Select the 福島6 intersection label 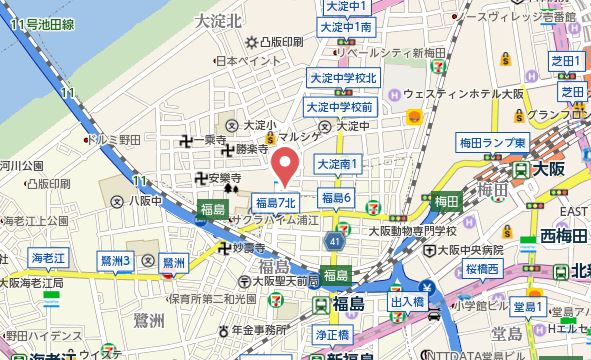[x=337, y=197]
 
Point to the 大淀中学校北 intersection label [x=342, y=77]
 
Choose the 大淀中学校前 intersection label [x=340, y=106]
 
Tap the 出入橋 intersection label [x=407, y=299]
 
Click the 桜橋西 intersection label [x=482, y=270]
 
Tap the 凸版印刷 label [x=275, y=42]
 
